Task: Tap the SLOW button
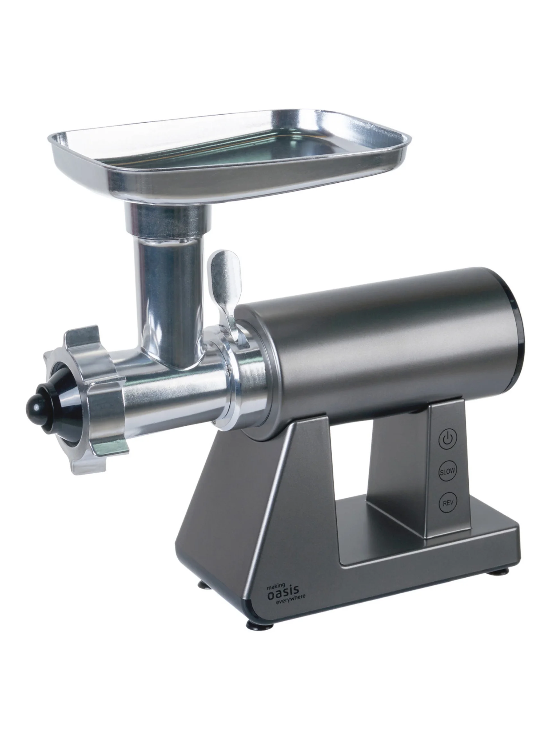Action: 447,471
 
